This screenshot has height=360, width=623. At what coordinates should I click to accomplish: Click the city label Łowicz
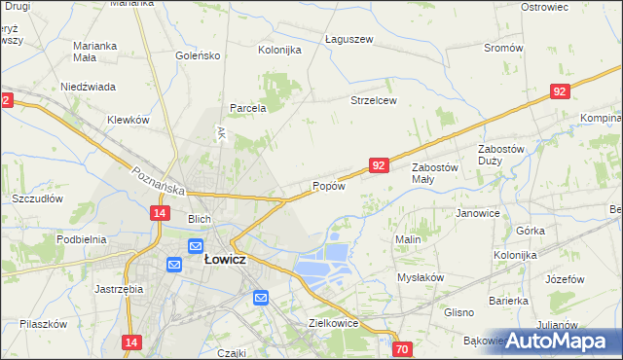click(224, 260)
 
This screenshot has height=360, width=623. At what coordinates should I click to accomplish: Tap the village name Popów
click(328, 186)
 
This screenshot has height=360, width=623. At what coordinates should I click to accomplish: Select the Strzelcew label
click(374, 100)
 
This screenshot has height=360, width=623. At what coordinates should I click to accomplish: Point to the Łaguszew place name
click(348, 40)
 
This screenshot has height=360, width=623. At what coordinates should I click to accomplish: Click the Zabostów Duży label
click(502, 155)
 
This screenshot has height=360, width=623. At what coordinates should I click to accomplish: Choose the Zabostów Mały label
click(435, 173)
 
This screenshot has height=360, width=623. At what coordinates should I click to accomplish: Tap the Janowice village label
click(477, 213)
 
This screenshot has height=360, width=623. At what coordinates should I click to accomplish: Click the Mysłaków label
click(421, 277)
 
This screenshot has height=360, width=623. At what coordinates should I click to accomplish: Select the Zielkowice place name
click(334, 323)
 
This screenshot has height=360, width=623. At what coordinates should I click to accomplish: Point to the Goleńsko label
click(198, 55)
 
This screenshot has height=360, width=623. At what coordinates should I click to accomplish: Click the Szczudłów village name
click(37, 198)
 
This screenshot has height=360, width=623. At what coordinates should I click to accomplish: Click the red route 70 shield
click(404, 348)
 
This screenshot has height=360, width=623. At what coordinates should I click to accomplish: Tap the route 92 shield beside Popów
click(380, 166)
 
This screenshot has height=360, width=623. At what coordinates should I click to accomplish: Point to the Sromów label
click(503, 48)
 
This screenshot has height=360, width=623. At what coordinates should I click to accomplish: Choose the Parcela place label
click(248, 108)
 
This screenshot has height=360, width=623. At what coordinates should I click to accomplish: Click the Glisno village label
click(458, 312)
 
